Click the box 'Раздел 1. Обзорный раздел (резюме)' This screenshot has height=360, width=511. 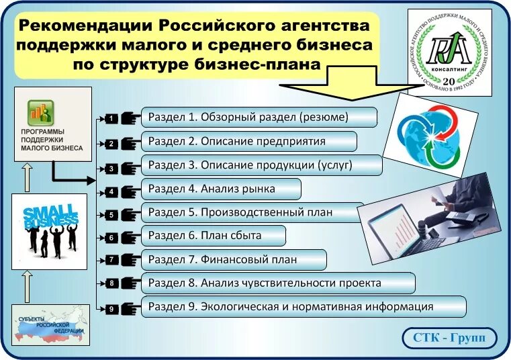259,117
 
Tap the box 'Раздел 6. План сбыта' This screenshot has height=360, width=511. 214,236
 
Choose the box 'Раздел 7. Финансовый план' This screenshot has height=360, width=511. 234,259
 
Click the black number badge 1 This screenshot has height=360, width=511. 111,119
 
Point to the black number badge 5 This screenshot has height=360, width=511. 111,215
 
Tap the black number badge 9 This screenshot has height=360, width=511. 111,309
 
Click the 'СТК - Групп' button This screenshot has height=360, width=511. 449,338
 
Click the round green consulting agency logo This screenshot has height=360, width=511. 449,52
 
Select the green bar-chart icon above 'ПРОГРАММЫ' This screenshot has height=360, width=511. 40,111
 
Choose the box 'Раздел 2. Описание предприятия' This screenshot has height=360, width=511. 248,141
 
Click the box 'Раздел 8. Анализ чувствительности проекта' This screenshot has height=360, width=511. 278,283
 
